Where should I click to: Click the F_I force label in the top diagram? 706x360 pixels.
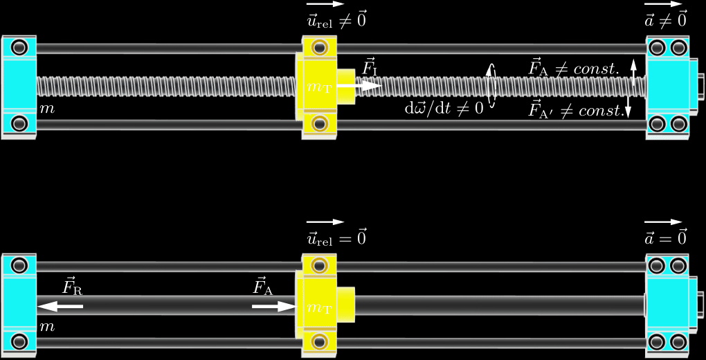pos(370,69)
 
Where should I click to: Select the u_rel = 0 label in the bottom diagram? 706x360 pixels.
pos(336,237)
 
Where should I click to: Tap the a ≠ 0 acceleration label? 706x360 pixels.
pos(665,20)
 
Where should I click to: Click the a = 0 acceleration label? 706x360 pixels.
pos(665,237)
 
